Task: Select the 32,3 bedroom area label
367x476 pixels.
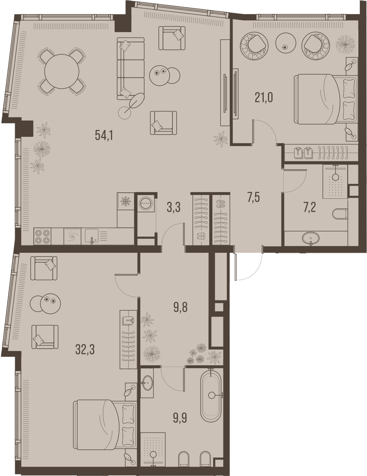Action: (85, 350)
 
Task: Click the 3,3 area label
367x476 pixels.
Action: (174, 208)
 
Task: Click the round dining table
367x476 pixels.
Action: (62, 71)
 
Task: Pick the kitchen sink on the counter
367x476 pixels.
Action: (92, 236)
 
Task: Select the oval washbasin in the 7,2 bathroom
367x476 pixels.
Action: (311, 237)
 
